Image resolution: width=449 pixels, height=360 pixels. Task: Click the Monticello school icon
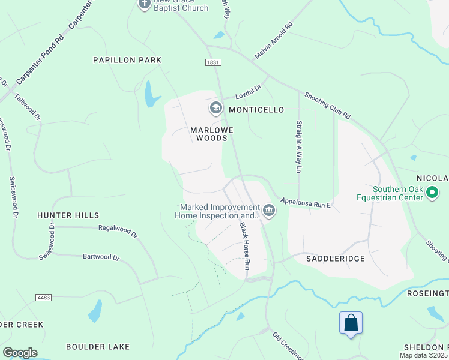click(215, 109)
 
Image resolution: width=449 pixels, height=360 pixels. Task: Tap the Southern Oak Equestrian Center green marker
click(433, 193)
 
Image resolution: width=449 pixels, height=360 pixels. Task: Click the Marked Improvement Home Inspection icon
click(268, 211)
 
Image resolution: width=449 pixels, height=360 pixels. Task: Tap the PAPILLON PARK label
click(127, 60)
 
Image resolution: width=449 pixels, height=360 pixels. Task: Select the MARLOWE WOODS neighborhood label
click(209, 133)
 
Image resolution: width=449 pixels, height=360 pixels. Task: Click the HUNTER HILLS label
click(68, 215)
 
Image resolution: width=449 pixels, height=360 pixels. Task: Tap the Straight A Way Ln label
click(298, 147)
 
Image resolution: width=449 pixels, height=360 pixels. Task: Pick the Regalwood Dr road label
click(118, 231)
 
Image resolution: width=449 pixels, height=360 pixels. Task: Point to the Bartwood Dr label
click(101, 257)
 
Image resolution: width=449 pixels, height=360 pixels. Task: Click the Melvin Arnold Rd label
click(273, 41)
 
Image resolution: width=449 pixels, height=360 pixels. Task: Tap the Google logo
click(20, 353)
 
